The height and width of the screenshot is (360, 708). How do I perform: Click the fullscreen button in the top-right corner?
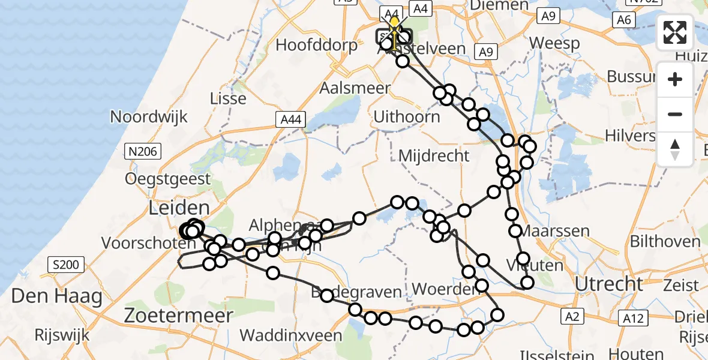click(x=675, y=33)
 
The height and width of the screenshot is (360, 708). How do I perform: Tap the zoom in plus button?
click(x=675, y=80)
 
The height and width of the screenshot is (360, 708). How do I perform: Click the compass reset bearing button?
click(x=675, y=149)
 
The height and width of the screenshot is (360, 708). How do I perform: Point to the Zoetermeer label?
click(x=178, y=316)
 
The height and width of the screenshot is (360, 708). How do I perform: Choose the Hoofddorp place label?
click(x=308, y=45)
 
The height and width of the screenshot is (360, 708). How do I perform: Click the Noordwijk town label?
click(x=149, y=116)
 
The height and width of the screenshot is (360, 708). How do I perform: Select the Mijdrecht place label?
click(x=434, y=156)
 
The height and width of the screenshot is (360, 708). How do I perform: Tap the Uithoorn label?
click(x=406, y=116)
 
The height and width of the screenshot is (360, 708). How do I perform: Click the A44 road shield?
click(x=290, y=120)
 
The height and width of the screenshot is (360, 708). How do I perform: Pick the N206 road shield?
click(x=142, y=151)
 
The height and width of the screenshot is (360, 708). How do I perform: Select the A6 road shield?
click(x=623, y=20)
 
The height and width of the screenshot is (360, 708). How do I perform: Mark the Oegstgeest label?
click(x=168, y=178)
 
